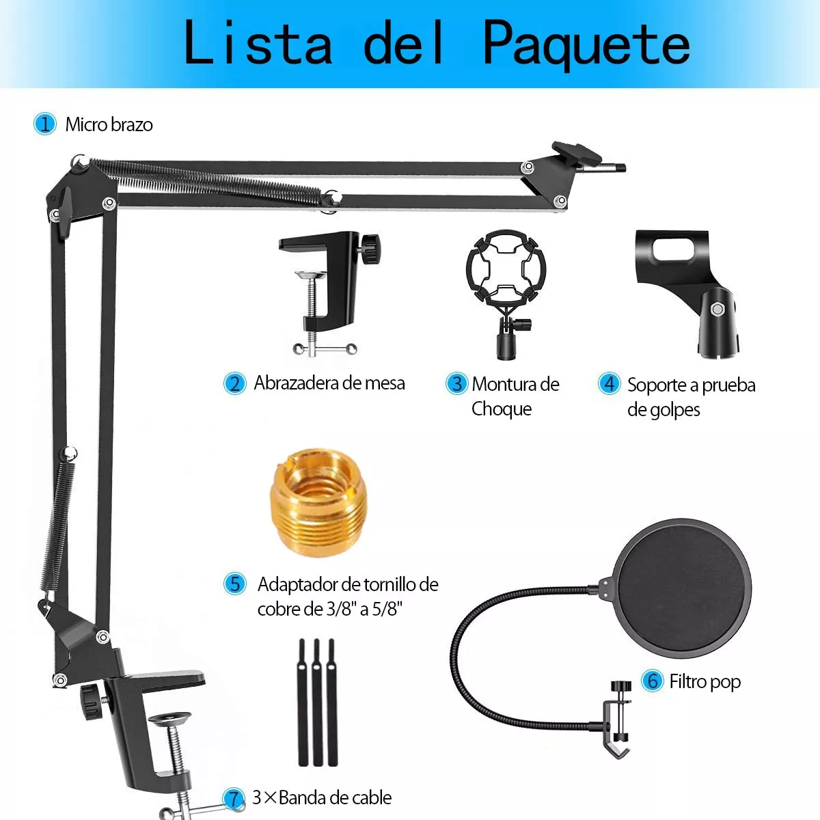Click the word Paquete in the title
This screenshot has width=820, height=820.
coord(586,43)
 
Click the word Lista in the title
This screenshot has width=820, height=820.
coord(258,43)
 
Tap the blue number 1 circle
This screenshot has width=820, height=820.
coord(45,124)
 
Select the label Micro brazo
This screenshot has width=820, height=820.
coord(109,124)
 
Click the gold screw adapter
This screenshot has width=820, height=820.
coord(318,502)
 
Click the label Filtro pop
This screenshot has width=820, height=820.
coord(705,681)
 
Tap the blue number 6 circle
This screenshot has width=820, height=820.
coord(652,681)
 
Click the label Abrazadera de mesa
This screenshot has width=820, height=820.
coord(329,383)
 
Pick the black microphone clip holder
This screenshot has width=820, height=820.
coord(687,290)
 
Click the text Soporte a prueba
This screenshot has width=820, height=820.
coord(691,385)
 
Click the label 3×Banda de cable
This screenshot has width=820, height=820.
coord(322,797)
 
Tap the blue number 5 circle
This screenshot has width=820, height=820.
coord(234,584)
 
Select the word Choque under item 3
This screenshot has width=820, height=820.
coord(502,409)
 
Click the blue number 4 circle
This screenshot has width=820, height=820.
coord(608,383)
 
